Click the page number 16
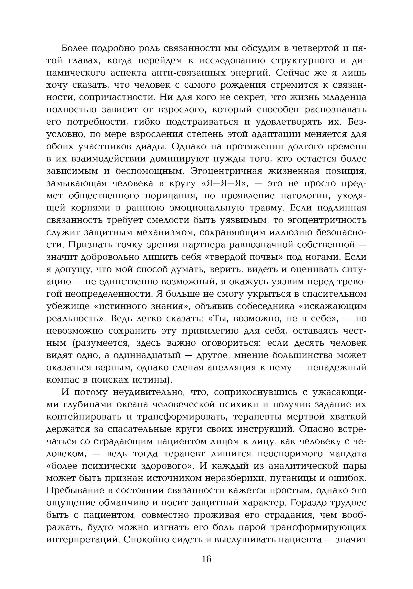[206, 559]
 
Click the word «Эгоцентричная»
[227, 171]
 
